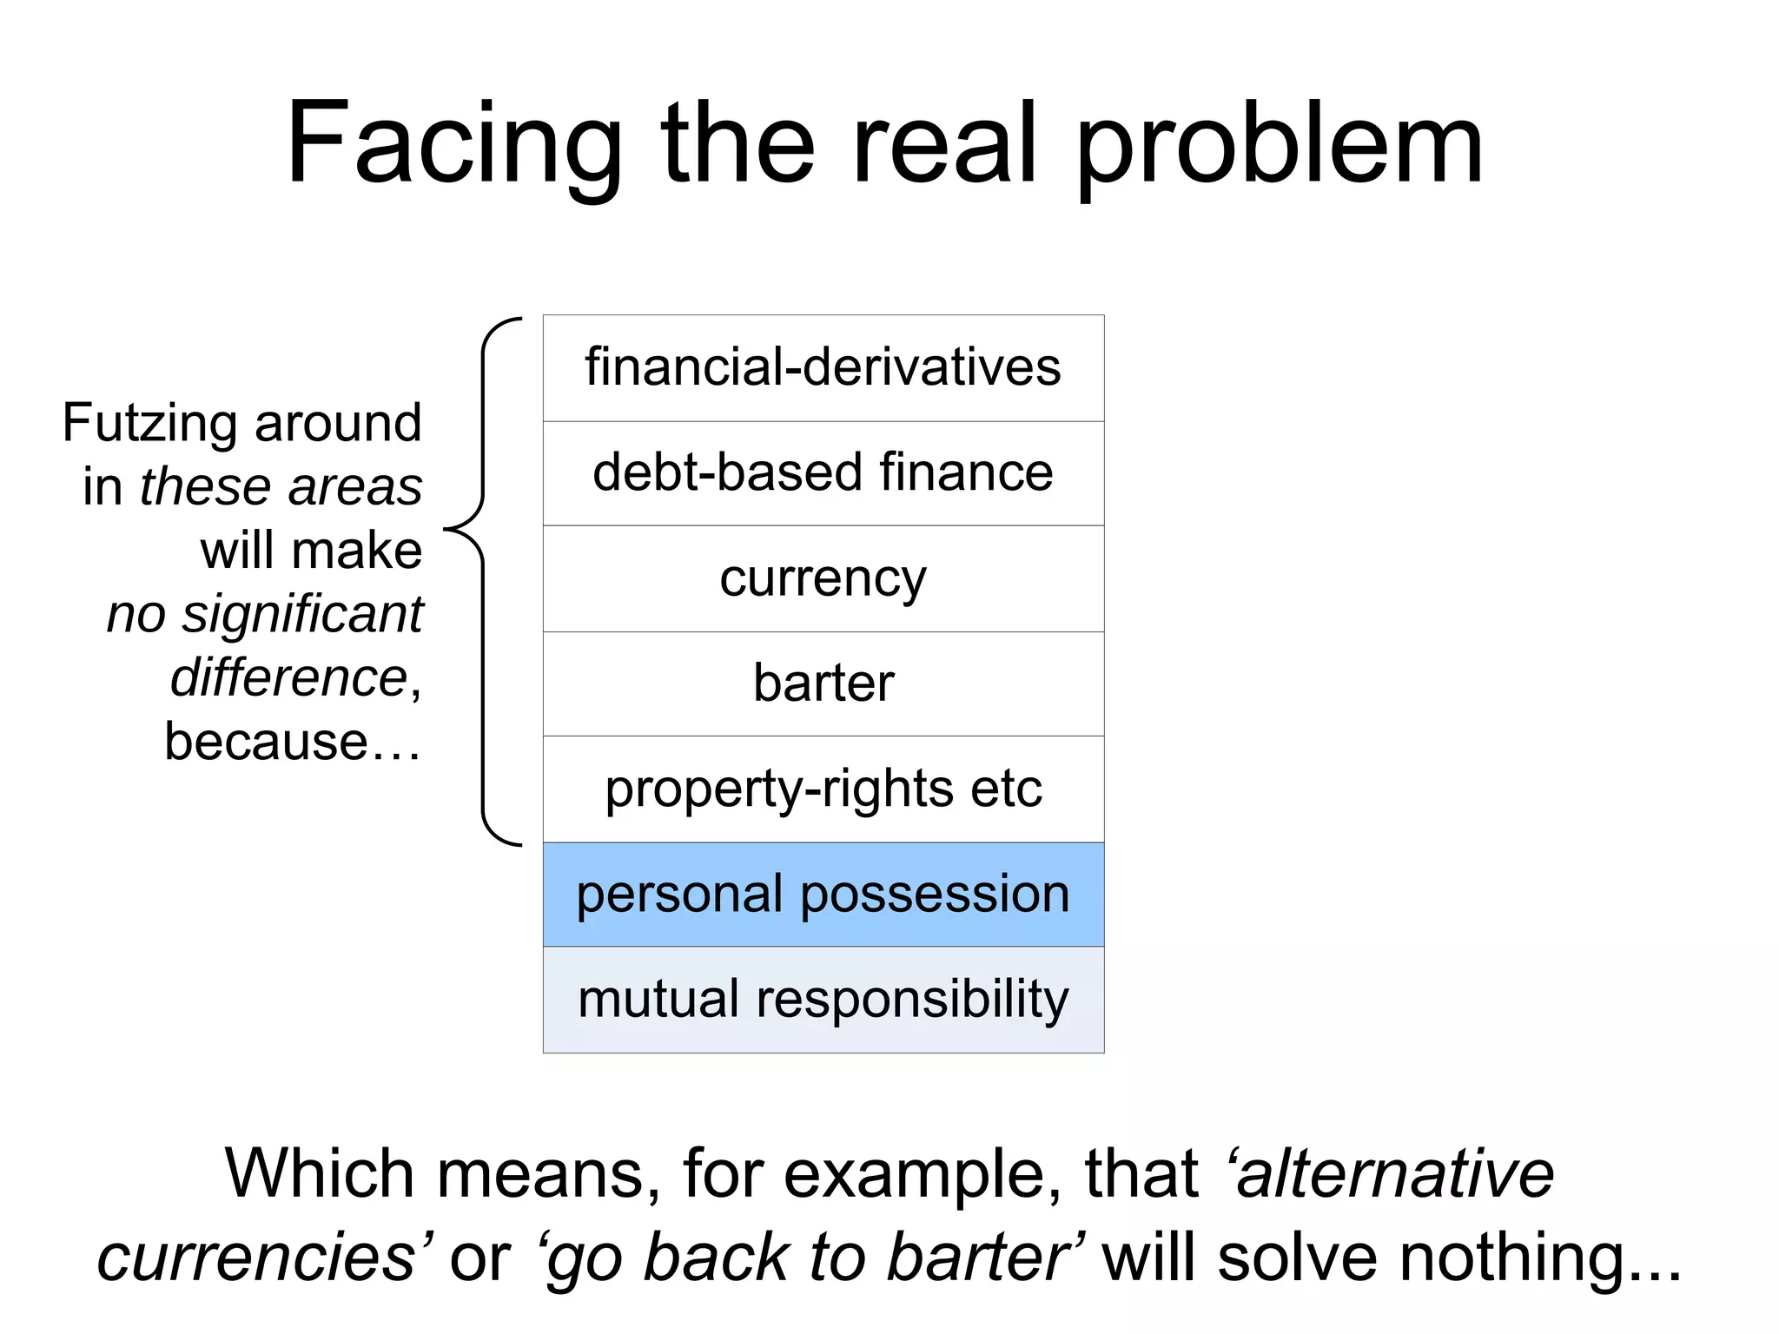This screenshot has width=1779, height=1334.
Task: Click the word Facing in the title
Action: (453, 145)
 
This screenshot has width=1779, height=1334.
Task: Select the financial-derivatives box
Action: (823, 368)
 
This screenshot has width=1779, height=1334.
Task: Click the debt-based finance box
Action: (823, 473)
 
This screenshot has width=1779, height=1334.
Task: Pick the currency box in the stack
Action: (823, 578)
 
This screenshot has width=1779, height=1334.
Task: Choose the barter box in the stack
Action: (823, 684)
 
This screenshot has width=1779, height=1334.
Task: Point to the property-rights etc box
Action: (823, 789)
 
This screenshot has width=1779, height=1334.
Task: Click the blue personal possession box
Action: (823, 895)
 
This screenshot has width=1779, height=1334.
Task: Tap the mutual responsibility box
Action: (823, 1000)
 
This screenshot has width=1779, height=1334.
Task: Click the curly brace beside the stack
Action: (483, 580)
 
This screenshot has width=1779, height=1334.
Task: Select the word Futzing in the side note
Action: (150, 424)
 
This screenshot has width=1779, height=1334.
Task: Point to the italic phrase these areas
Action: (281, 486)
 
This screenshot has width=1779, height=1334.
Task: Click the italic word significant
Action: (301, 615)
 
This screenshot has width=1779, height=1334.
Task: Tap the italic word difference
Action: (288, 678)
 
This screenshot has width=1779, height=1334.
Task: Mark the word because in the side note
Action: (266, 742)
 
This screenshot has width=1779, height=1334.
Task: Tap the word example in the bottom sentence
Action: (921, 1174)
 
